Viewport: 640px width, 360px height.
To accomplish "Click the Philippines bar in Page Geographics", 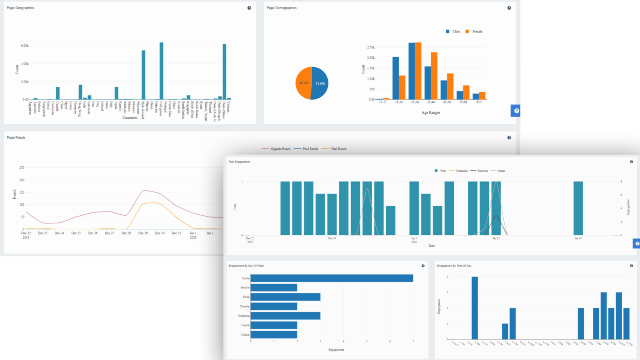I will click(161, 71).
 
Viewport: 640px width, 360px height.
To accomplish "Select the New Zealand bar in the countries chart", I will click(143, 75).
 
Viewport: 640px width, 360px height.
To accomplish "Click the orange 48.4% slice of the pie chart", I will click(303, 83).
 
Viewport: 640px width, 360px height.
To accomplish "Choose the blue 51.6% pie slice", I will click(320, 84).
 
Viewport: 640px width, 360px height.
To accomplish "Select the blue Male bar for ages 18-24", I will click(395, 78).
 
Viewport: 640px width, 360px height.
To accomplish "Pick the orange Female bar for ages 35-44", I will click(434, 76).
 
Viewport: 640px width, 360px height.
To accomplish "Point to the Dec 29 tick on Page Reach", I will click(143, 233).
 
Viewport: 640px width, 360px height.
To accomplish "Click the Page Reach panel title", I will click(16, 138).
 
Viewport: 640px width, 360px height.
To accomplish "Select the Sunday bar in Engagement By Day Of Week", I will click(332, 278).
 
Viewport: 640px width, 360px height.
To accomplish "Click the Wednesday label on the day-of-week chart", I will click(243, 316).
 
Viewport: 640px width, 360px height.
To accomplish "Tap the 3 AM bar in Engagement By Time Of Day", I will click(475, 308).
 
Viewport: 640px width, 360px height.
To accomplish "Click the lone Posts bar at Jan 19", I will click(578, 208).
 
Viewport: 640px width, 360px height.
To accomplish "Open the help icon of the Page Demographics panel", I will click(509, 8).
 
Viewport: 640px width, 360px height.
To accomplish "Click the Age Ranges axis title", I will click(431, 112).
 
